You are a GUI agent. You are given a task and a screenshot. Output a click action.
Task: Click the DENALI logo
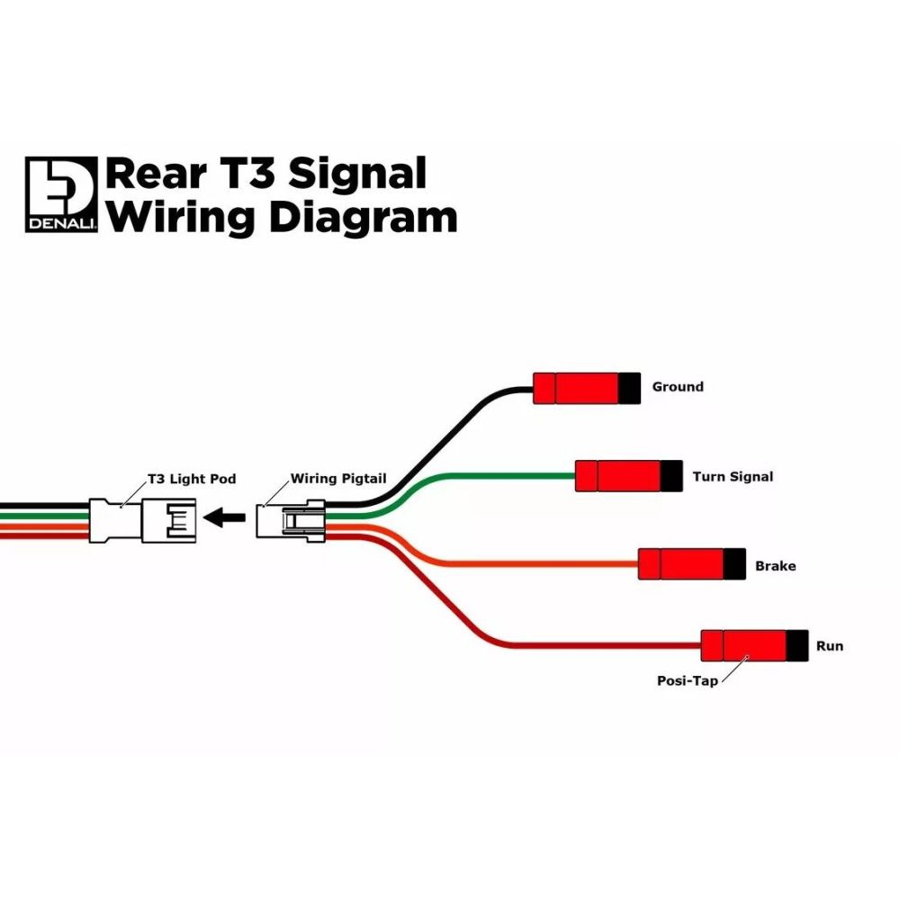61,194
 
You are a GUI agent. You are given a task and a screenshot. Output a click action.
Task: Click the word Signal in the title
355,172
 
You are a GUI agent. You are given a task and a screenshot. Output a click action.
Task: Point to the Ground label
678,387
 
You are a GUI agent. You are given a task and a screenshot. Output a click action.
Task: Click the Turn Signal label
733,476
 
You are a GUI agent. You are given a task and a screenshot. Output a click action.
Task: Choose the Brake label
775,566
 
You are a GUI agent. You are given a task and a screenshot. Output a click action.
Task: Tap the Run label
829,646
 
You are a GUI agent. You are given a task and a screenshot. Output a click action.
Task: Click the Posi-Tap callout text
688,681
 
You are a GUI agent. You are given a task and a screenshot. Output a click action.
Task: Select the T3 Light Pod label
192,479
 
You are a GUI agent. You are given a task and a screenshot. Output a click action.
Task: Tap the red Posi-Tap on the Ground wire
576,387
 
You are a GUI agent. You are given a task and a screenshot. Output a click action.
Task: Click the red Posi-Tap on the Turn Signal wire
618,476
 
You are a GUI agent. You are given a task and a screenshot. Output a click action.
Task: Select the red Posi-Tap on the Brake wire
681,564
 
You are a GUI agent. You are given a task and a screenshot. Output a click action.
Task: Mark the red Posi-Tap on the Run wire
744,645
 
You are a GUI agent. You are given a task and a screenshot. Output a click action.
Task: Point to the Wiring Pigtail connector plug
292,520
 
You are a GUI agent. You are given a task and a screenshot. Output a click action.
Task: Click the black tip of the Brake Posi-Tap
735,564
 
